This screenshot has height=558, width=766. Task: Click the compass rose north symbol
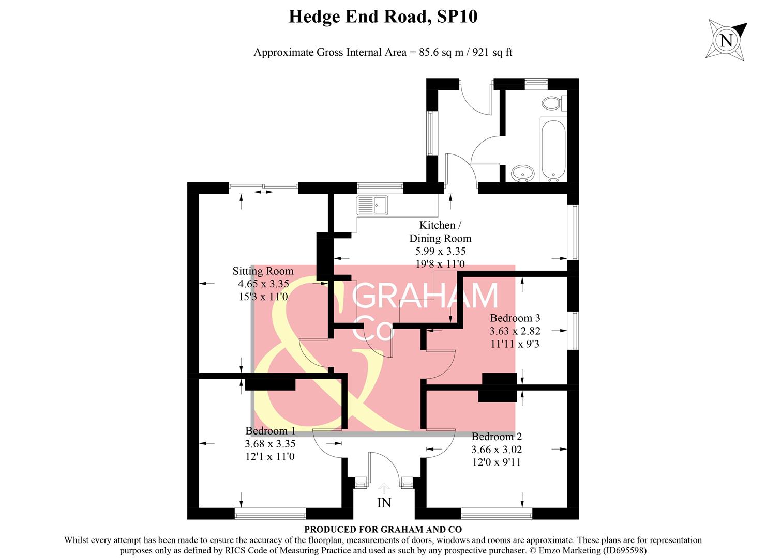pos(727,40)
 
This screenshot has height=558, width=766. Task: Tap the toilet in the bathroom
pos(553,103)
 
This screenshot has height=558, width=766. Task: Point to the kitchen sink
pos(372,205)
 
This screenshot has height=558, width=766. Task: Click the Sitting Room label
pos(263,271)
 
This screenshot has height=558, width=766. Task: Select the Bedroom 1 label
pos(270,431)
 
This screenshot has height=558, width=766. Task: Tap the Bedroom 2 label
pos(497,437)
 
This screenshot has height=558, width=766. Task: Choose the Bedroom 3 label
pos(515,318)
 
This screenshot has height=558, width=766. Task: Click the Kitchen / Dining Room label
pos(440,231)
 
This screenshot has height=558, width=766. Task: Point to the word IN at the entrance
pos(384,503)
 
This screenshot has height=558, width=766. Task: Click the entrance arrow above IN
pos(384,487)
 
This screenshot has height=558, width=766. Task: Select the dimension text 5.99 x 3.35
pos(440,251)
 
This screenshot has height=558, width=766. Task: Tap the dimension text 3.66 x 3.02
pos(497,450)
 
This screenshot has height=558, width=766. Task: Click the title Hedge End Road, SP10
pos(383,17)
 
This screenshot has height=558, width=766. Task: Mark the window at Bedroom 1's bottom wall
pos(270,514)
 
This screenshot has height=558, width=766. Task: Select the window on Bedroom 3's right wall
pos(573,330)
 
